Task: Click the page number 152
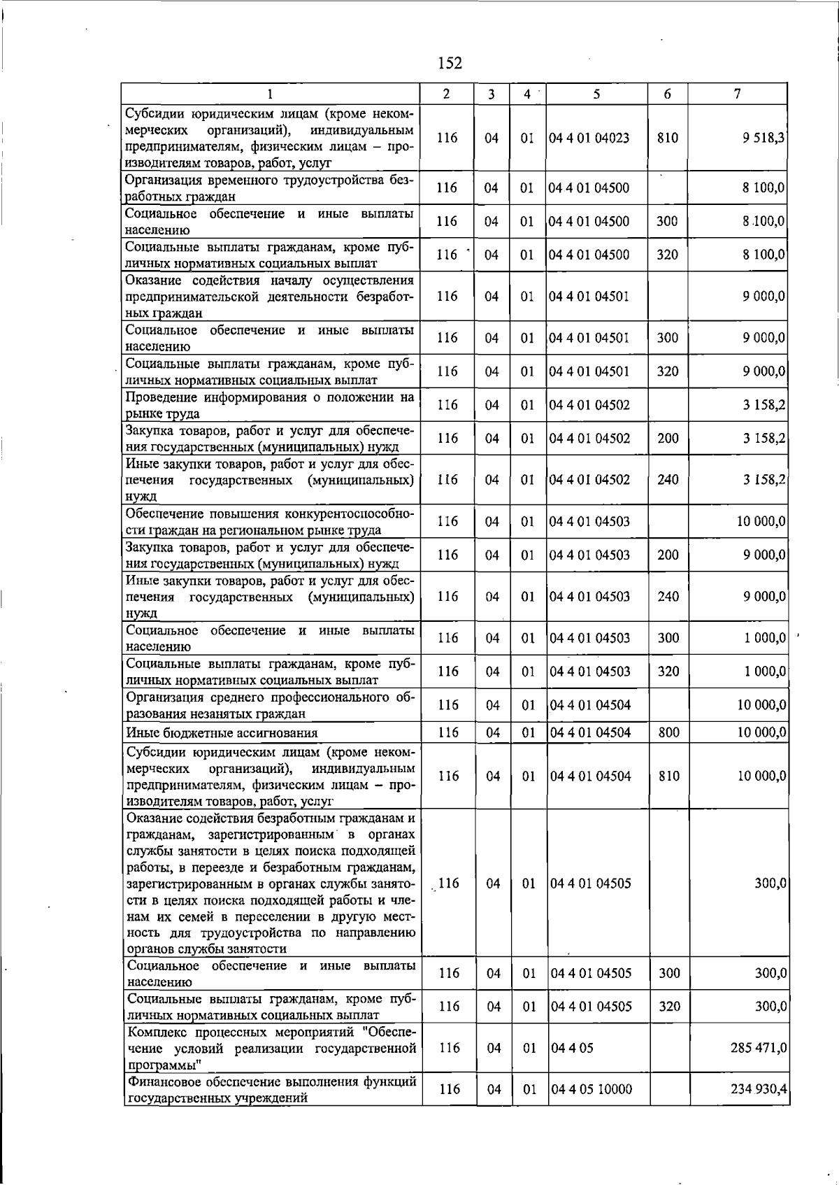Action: (x=450, y=64)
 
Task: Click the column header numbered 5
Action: (x=596, y=94)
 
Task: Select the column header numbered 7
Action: (x=737, y=94)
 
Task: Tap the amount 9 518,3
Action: (x=763, y=138)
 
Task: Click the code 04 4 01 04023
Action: (x=589, y=138)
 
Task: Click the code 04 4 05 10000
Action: (x=591, y=1089)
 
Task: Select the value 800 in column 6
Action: (x=668, y=732)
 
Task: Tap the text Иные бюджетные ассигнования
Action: (x=222, y=733)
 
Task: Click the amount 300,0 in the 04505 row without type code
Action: (x=770, y=884)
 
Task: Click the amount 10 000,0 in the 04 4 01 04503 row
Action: (x=761, y=521)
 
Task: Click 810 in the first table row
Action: (x=667, y=138)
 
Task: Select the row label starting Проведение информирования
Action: (x=269, y=405)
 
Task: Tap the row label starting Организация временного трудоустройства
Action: (x=269, y=188)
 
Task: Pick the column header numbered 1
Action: (x=269, y=94)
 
